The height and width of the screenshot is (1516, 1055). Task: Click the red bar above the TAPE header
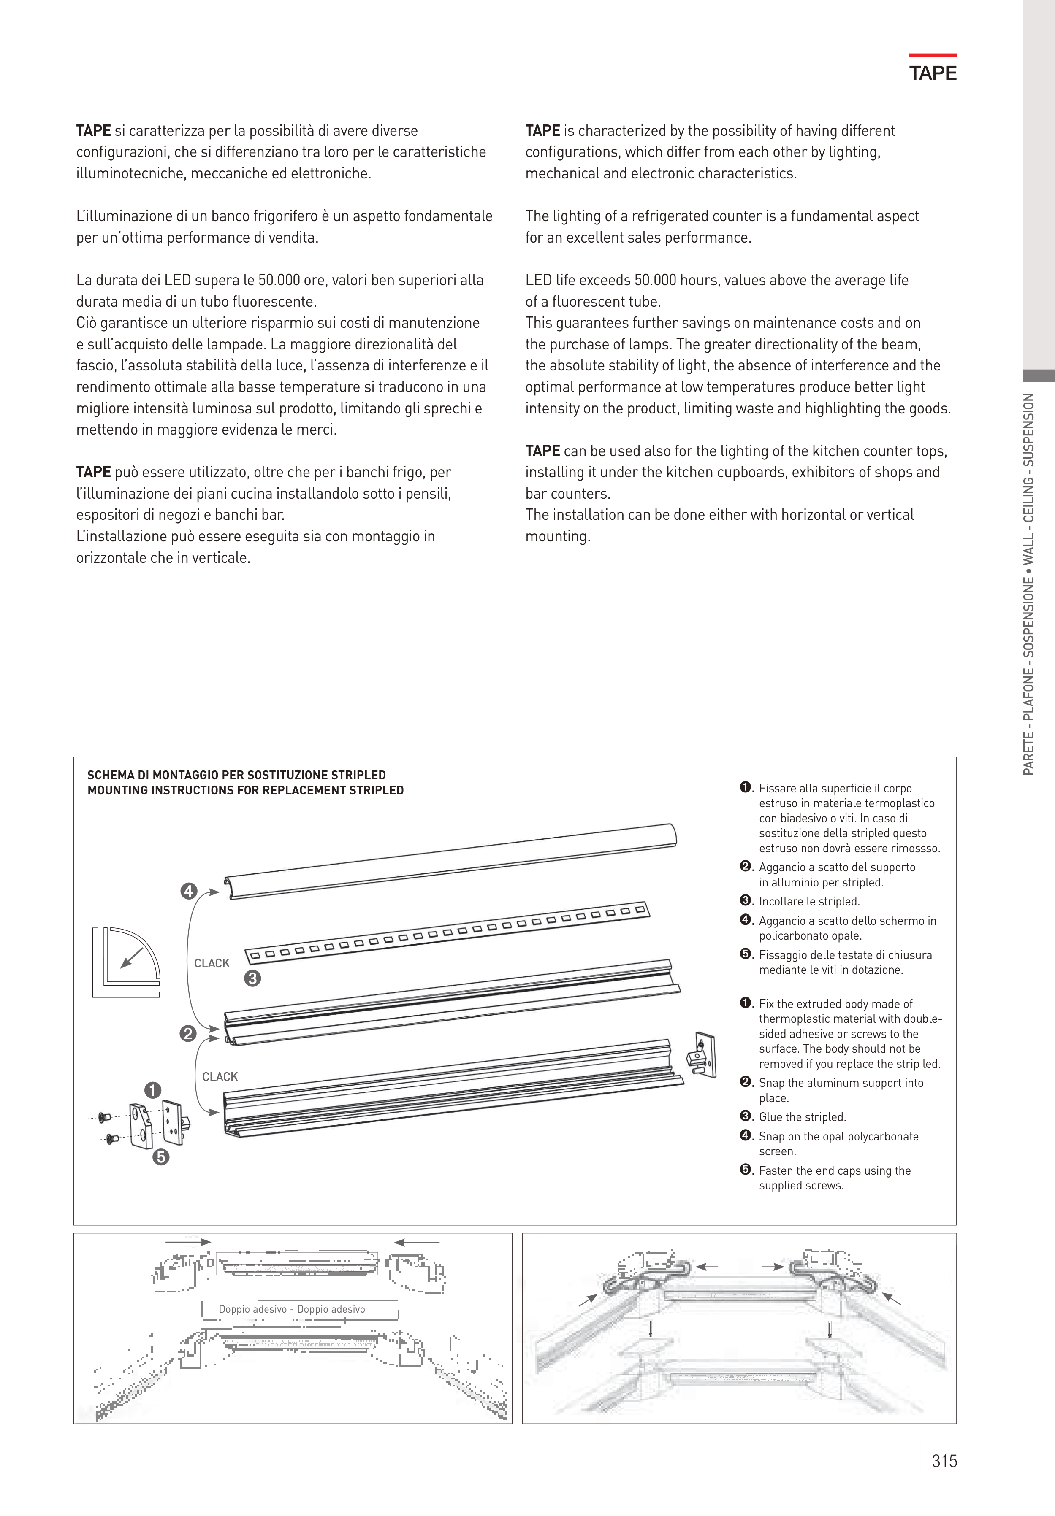click(x=932, y=55)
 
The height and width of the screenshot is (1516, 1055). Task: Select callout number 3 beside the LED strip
click(x=252, y=978)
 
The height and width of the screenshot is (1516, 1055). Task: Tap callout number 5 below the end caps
click(x=160, y=1157)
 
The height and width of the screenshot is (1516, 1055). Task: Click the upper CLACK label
click(x=212, y=963)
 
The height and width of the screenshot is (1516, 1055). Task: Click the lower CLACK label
click(x=220, y=1077)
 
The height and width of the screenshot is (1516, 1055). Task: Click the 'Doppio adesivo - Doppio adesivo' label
click(x=291, y=1309)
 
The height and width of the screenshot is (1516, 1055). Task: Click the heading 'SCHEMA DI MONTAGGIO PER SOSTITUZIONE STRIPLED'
click(x=236, y=775)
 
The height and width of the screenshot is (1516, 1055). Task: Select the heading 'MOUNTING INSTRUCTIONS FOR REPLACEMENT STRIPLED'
click(x=245, y=790)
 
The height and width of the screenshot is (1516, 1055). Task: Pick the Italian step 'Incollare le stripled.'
click(x=809, y=901)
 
